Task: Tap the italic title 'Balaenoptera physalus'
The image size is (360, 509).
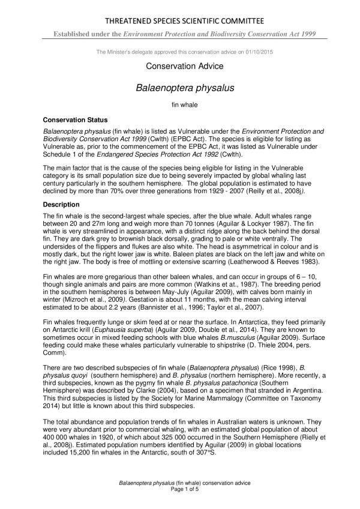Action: click(180, 88)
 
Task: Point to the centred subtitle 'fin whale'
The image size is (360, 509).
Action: click(180, 105)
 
